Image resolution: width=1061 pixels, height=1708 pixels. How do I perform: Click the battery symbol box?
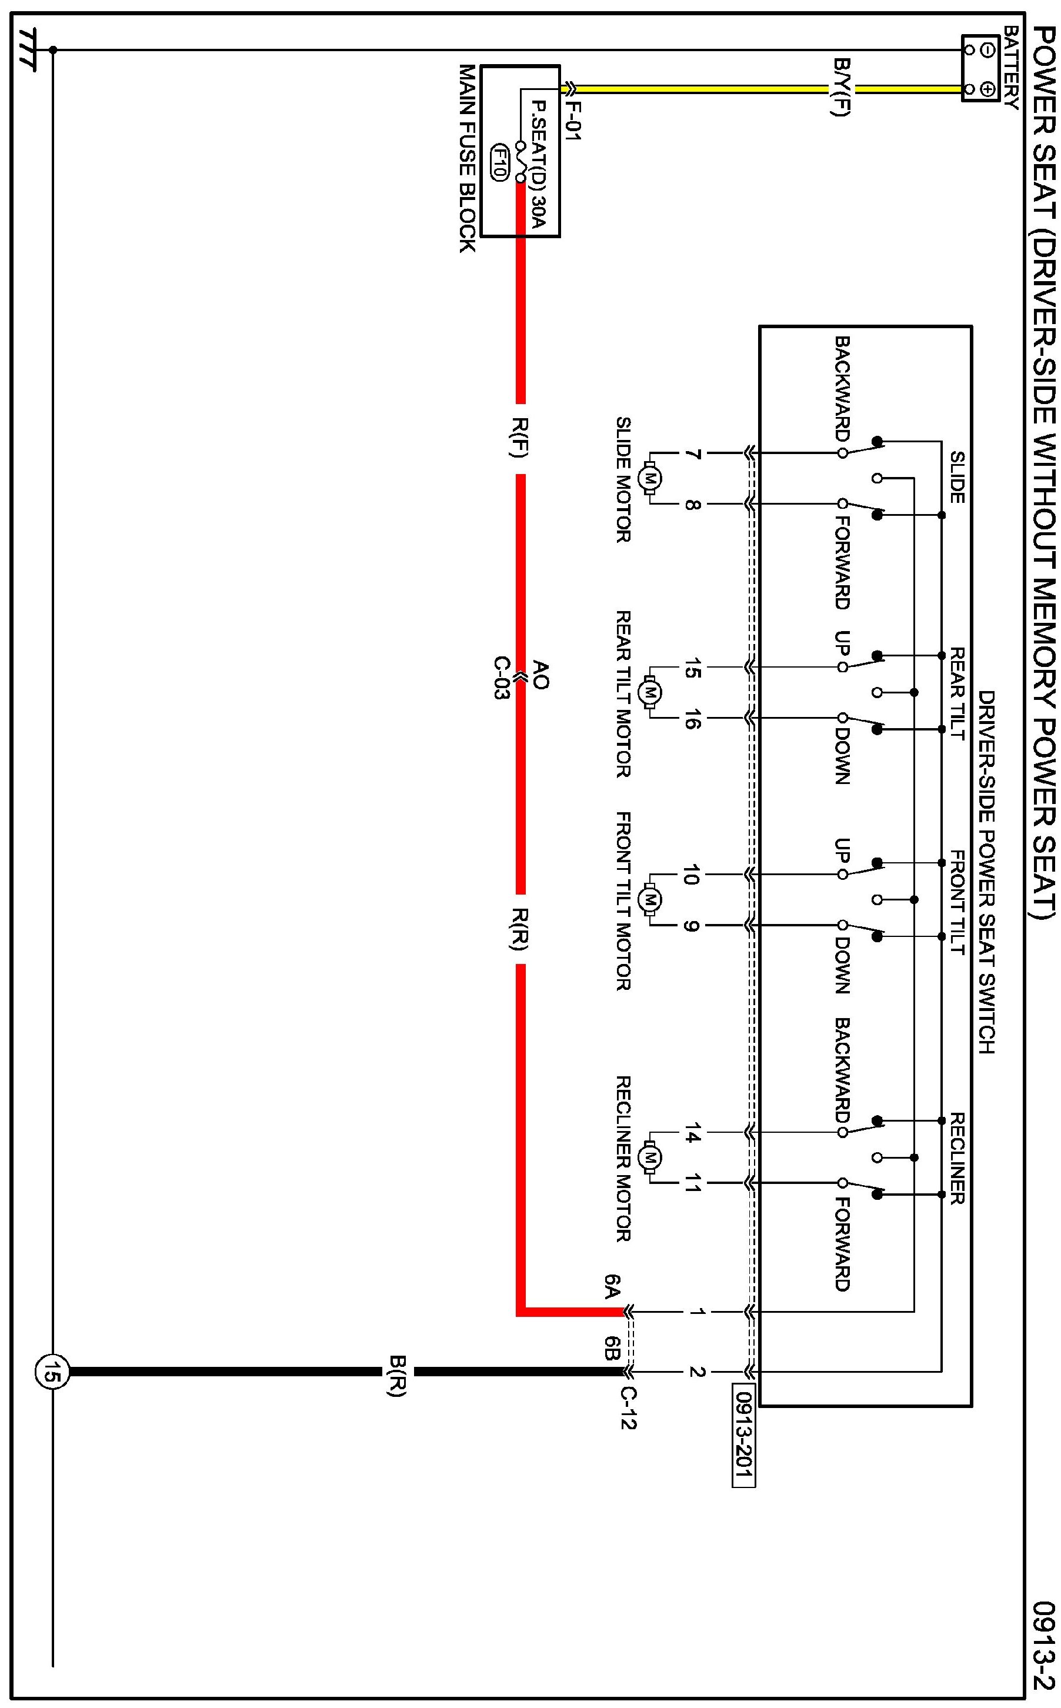(x=980, y=69)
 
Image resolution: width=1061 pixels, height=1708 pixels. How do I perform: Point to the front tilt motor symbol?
(x=650, y=900)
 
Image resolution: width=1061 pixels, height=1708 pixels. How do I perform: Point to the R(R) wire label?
(x=520, y=929)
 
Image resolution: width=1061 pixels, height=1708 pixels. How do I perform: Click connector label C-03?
(x=501, y=678)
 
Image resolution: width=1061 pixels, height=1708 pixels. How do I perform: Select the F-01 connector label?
(x=573, y=121)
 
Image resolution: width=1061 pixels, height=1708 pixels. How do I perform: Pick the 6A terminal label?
(x=612, y=1287)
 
